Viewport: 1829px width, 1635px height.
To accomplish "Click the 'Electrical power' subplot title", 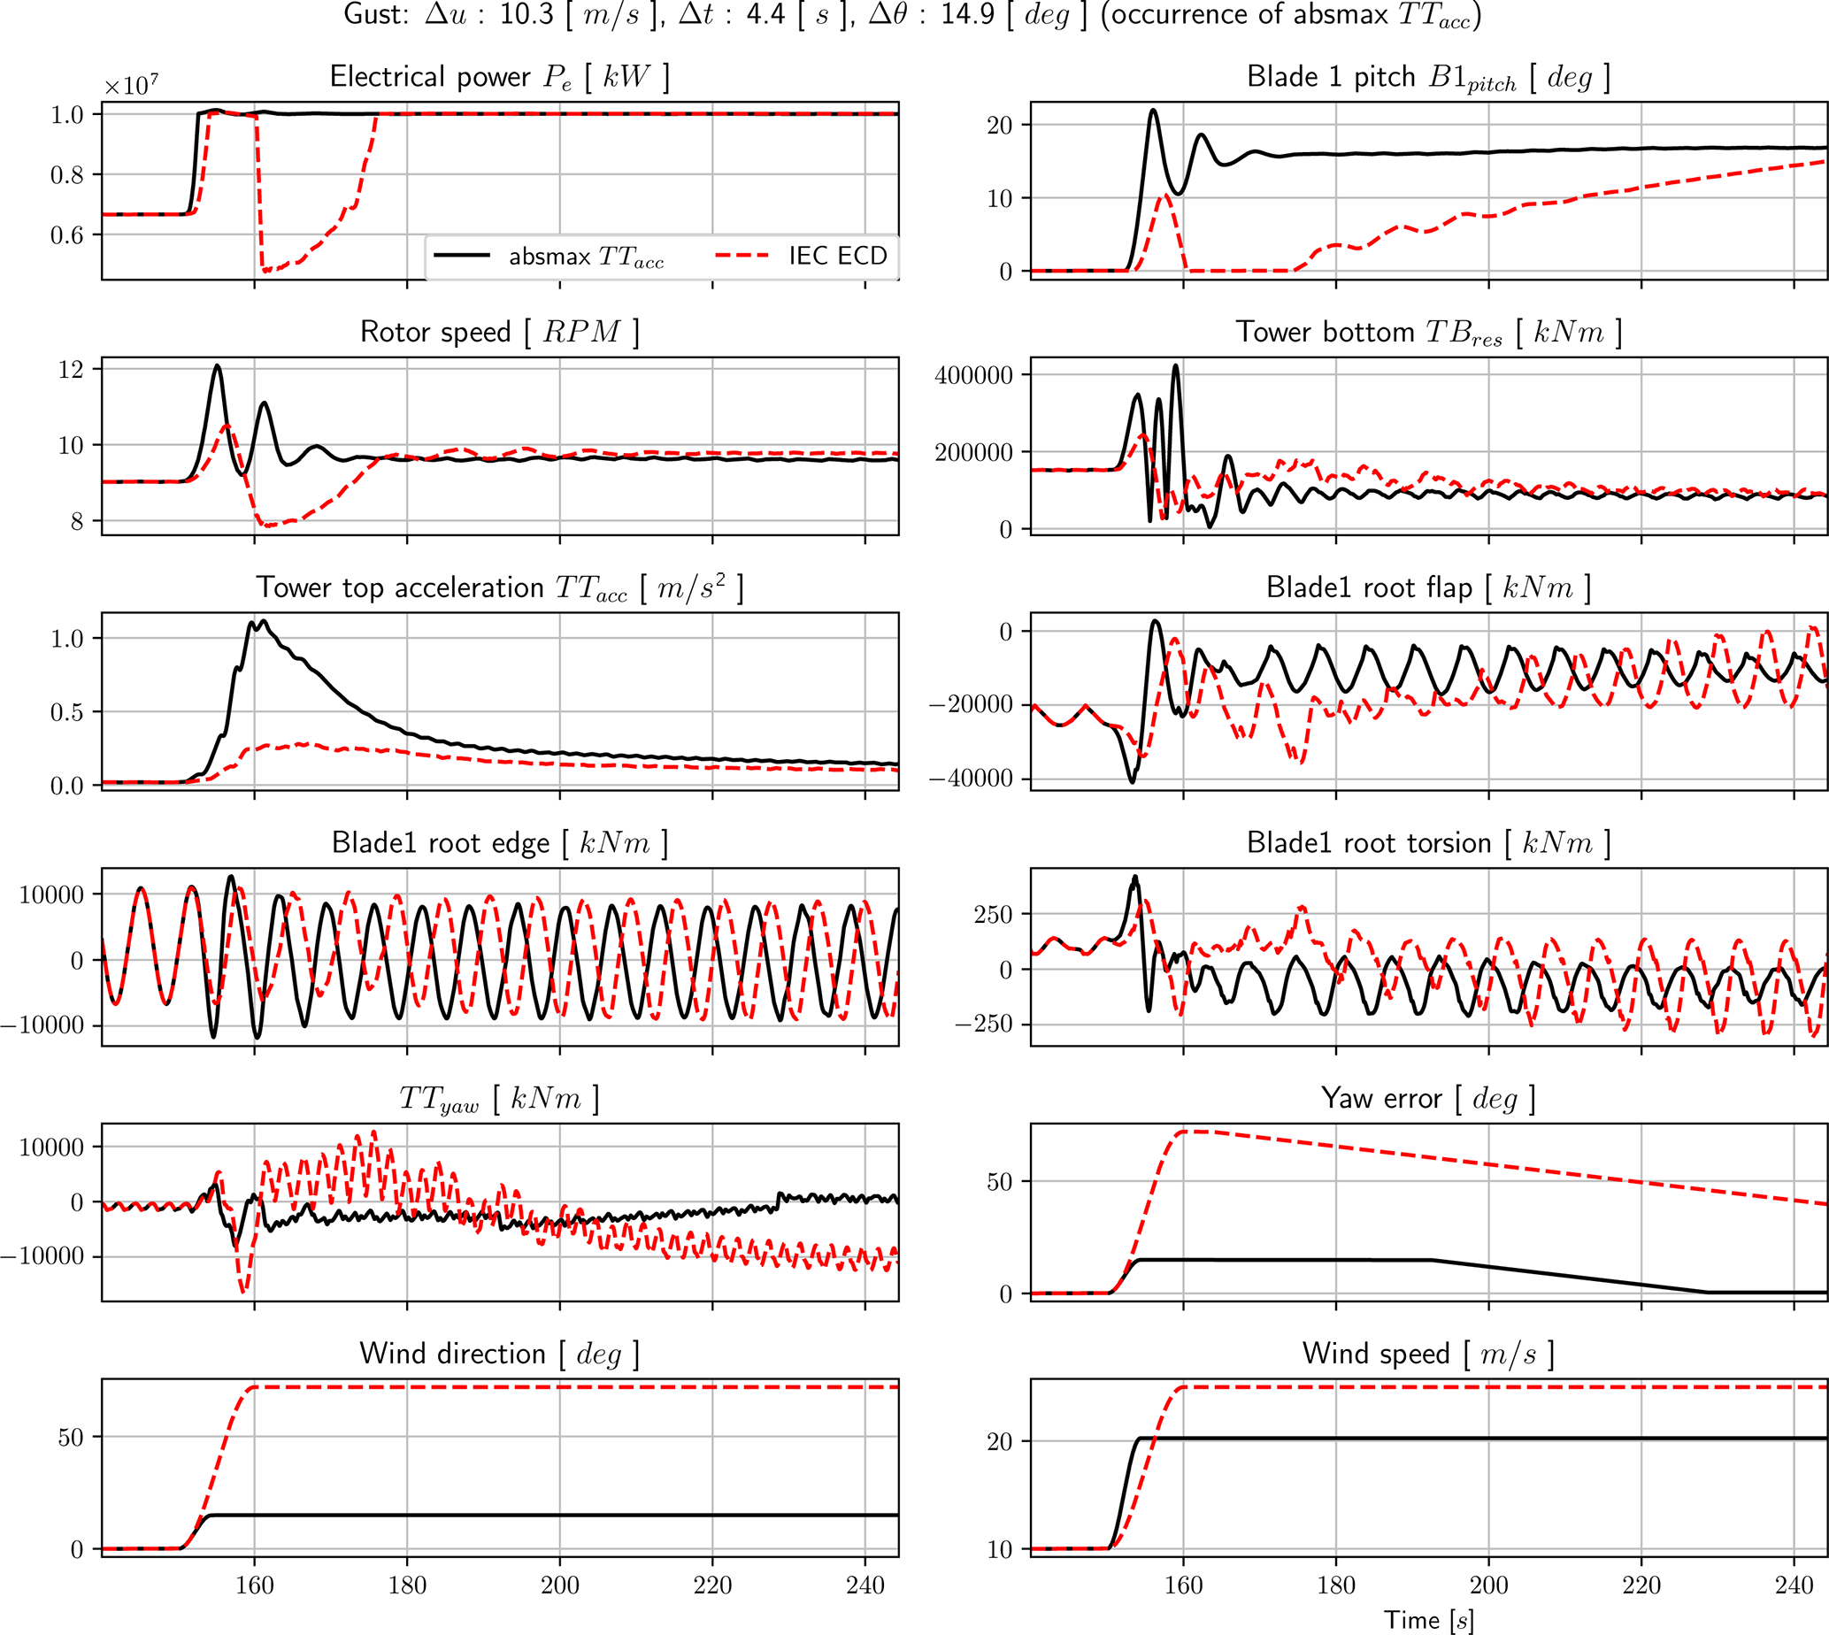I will click(x=499, y=77).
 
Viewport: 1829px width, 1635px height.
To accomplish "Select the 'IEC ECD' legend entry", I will click(x=837, y=256).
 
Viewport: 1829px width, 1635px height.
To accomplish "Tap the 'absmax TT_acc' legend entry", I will click(x=586, y=257).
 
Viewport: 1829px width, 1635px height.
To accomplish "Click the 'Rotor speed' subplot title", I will click(x=499, y=333).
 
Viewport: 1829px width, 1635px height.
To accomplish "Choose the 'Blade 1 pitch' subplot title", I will click(x=1428, y=78).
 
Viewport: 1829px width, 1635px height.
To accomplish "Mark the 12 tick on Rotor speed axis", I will click(x=71, y=369).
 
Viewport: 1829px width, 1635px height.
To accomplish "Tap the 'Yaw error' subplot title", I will click(x=1428, y=1099).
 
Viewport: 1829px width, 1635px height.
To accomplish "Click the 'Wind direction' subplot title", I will click(x=499, y=1354).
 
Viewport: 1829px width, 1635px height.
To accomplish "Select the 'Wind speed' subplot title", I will click(x=1428, y=1354).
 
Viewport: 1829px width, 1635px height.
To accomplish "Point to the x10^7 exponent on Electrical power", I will click(x=131, y=86).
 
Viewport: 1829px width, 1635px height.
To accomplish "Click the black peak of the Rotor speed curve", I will click(x=218, y=365).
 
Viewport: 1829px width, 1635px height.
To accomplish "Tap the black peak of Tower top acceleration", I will click(x=263, y=621).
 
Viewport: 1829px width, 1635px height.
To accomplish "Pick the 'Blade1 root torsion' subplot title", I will click(x=1428, y=843).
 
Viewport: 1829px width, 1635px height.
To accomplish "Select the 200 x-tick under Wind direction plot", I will click(x=559, y=1585).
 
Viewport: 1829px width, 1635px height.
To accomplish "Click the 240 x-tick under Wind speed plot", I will click(x=1794, y=1585).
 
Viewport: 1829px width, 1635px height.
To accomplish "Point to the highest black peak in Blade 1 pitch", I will click(x=1154, y=111).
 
